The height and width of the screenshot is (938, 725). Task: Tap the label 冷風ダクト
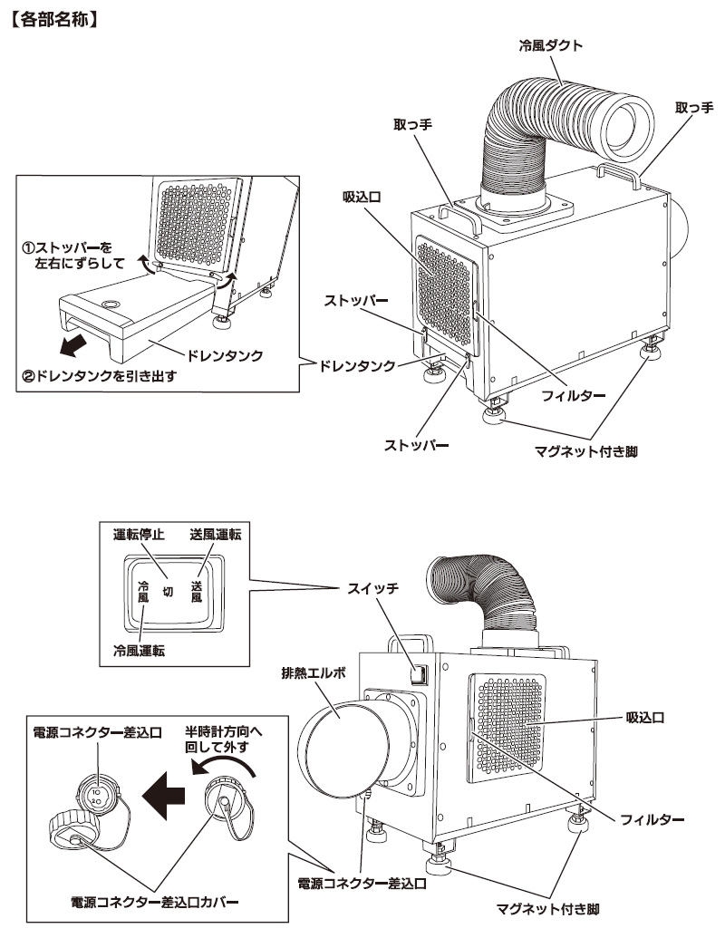pos(551,45)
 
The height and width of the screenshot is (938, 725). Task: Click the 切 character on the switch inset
pos(168,592)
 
